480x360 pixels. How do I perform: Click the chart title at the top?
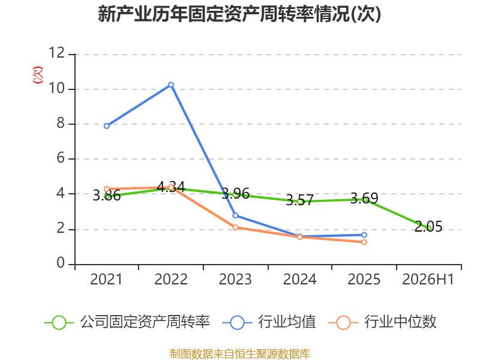(239, 14)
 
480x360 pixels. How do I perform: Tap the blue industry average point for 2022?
(171, 85)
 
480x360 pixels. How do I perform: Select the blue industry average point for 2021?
(107, 126)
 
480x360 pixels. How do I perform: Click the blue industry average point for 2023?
(235, 215)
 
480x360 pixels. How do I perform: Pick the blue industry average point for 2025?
(364, 235)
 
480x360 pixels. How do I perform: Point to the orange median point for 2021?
(107, 189)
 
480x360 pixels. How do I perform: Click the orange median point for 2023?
(235, 227)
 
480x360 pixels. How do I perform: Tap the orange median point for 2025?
(364, 242)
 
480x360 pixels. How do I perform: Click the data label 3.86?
(107, 196)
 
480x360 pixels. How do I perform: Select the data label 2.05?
(428, 227)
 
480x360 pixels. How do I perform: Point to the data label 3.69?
(364, 199)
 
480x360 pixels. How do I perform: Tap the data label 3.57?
(299, 200)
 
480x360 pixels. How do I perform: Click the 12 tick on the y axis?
(57, 53)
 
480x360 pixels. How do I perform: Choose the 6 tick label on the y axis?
(61, 158)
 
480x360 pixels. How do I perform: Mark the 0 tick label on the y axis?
(61, 263)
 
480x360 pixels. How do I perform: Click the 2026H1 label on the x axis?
(428, 280)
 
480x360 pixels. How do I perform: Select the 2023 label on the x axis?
(235, 280)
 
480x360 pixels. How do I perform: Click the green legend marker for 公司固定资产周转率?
(59, 323)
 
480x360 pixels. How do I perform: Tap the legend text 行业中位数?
(400, 322)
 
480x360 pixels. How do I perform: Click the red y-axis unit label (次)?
(38, 75)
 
